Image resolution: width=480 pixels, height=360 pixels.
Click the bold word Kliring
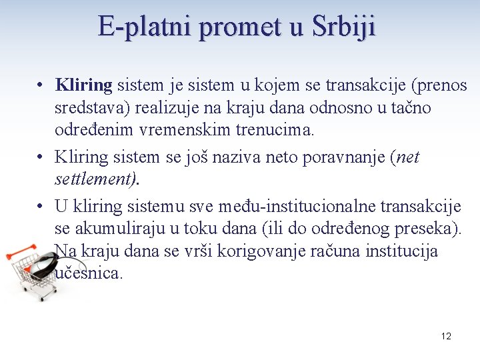84,85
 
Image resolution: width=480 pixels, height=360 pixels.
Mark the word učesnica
89,273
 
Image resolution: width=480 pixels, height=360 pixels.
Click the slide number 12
446,336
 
